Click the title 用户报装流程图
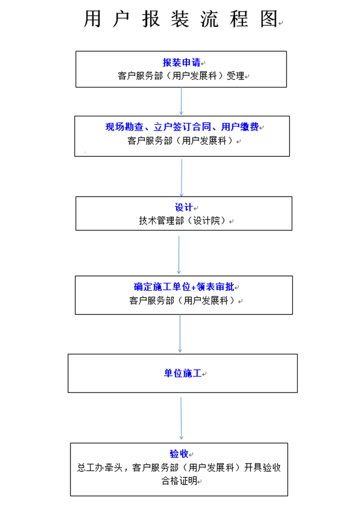(181, 19)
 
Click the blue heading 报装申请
(181, 63)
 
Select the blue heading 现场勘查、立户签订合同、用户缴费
(182, 127)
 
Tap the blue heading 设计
(184, 207)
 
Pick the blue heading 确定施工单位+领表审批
(184, 286)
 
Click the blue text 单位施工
(182, 373)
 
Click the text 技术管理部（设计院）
(184, 221)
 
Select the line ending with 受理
(181, 76)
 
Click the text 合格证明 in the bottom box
(179, 481)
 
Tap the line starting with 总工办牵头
(179, 468)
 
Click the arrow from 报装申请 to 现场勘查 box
(181, 101)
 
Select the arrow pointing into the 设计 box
(181, 177)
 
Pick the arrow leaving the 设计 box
(179, 255)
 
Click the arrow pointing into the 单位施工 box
(180, 334)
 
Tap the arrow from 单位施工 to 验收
(181, 417)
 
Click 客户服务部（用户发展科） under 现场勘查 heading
(182, 141)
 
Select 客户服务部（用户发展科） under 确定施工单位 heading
(183, 301)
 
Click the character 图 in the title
(269, 19)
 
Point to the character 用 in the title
(92, 19)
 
